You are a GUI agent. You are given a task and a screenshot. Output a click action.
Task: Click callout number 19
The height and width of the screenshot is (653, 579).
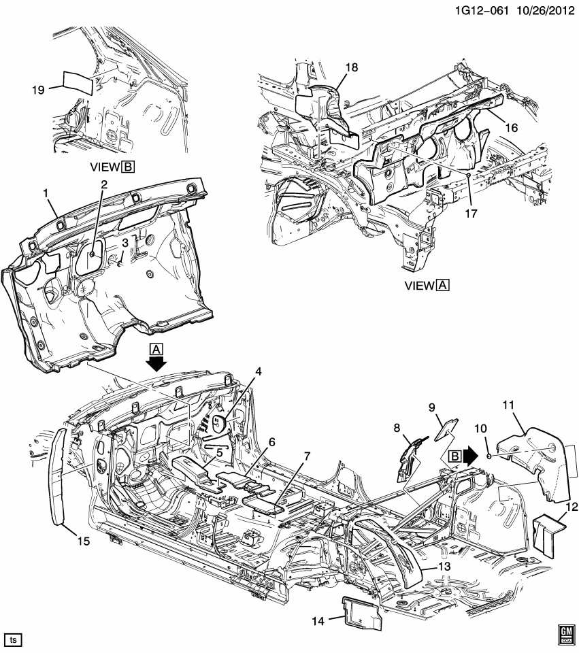tap(39, 88)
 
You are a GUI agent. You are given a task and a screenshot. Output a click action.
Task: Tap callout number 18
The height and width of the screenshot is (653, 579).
tap(351, 67)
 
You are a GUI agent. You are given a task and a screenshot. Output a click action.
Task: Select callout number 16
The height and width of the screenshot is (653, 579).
tap(512, 127)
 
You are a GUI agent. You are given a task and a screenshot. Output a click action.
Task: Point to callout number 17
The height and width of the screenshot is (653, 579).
tap(471, 213)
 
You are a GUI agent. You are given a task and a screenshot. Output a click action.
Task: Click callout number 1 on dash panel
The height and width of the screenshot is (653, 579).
tap(47, 195)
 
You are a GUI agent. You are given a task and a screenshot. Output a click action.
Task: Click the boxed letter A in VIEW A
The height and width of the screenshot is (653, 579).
tap(442, 286)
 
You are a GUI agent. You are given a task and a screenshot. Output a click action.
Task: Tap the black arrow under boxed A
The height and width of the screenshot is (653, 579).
tap(156, 365)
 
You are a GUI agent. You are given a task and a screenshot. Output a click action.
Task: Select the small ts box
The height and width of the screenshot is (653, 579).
tap(13, 639)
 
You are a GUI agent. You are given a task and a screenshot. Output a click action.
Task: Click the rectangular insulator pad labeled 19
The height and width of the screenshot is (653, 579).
tap(77, 82)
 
